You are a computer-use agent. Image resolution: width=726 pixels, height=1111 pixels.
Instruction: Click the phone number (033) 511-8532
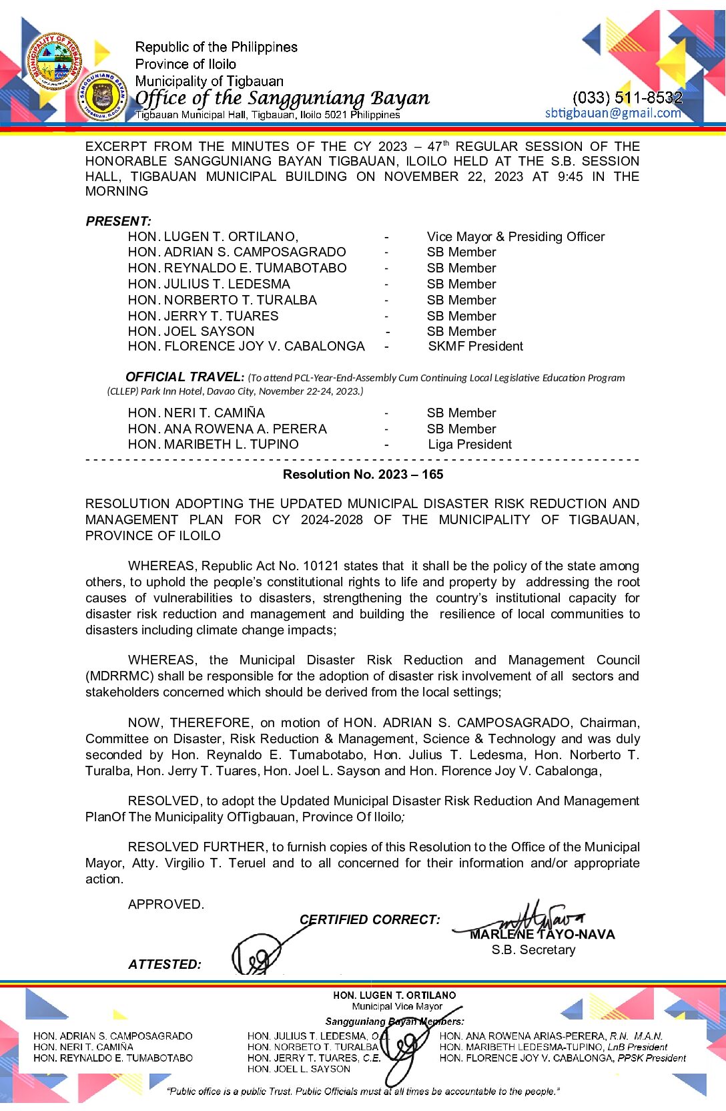coord(627,97)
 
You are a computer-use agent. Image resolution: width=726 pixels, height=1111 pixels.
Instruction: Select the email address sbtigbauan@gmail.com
coord(613,113)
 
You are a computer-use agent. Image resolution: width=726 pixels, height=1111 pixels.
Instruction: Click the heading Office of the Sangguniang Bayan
coord(282,98)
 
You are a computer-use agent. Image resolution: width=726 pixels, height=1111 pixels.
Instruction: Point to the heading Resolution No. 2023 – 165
coord(363,475)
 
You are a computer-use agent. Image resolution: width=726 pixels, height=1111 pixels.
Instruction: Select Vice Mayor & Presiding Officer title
coord(516,237)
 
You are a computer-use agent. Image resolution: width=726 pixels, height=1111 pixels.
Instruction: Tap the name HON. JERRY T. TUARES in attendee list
coord(204,316)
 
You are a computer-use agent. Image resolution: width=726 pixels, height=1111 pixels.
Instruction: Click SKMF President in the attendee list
coord(476,347)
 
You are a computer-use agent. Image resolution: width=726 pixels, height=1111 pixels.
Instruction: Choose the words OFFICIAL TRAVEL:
coord(185,377)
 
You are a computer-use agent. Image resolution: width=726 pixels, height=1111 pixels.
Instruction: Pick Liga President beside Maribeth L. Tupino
coord(470,445)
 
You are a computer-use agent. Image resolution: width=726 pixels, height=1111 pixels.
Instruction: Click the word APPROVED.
coord(166,905)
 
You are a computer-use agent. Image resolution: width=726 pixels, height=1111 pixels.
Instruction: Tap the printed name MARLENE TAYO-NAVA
coord(542,935)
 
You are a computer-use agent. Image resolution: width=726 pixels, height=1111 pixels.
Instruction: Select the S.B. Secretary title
coord(533,950)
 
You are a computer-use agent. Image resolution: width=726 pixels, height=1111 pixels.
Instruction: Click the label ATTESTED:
coord(165,965)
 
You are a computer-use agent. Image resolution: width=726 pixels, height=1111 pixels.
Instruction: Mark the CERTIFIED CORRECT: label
coord(370,920)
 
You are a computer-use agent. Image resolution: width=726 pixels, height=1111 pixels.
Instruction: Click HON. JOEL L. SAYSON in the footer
coord(298,1069)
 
